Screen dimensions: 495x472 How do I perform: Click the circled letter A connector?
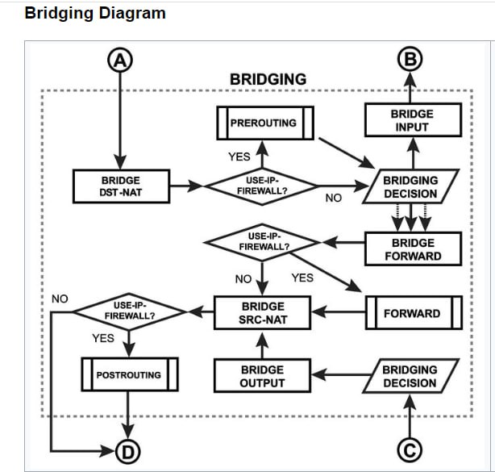(120, 60)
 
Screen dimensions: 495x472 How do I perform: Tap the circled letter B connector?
(410, 59)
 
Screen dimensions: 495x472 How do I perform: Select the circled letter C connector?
(410, 450)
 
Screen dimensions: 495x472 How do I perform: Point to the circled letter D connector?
(128, 452)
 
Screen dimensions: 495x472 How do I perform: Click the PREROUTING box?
(265, 123)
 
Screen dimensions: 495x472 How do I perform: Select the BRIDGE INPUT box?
(413, 120)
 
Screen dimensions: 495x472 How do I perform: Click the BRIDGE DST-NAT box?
(121, 186)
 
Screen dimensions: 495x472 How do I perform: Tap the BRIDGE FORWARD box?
(413, 249)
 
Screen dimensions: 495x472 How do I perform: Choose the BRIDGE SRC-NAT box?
(262, 313)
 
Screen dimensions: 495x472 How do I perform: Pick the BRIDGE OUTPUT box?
(262, 376)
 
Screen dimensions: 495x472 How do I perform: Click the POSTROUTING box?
(130, 374)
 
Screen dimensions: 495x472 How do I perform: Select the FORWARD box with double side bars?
(414, 313)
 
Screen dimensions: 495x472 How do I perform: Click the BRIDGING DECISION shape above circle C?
(410, 376)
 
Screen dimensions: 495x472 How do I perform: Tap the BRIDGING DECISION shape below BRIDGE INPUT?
(410, 186)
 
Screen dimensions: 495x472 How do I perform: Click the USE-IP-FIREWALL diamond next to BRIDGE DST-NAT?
(262, 186)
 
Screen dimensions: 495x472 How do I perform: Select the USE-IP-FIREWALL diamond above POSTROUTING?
(129, 311)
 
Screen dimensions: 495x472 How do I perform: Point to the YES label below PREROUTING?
(239, 157)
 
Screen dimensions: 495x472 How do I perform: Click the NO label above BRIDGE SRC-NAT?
(243, 279)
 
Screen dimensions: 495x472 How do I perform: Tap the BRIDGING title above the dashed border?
(268, 79)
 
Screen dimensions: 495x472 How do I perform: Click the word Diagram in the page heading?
(132, 14)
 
